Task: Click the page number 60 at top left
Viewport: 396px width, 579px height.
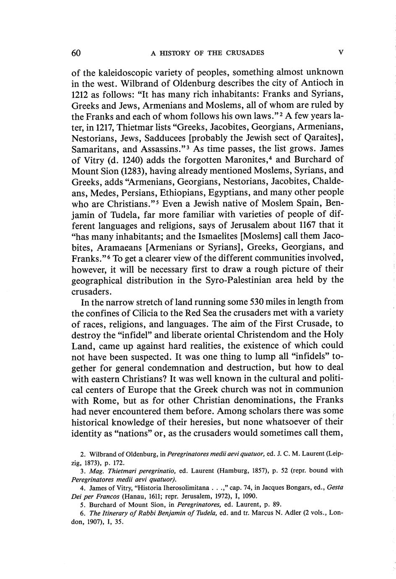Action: click(76, 53)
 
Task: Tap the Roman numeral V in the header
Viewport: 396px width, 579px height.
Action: click(341, 52)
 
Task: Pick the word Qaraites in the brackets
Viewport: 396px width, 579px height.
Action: click(321, 138)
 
